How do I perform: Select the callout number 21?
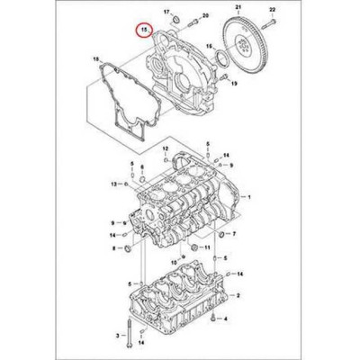pos(238,8)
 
